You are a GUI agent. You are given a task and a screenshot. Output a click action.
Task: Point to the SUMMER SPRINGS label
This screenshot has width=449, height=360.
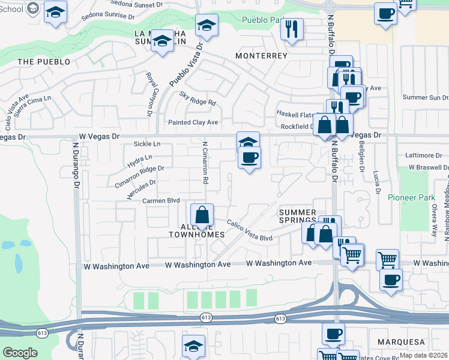click(298, 216)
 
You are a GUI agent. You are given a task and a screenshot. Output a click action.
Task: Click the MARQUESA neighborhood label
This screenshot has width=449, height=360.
click(402, 341)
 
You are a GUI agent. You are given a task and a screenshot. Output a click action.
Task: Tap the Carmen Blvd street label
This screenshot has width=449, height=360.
click(160, 200)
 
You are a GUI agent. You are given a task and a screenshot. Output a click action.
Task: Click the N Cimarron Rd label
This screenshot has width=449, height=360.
click(205, 163)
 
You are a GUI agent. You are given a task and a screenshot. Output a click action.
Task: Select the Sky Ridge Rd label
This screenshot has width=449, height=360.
click(197, 98)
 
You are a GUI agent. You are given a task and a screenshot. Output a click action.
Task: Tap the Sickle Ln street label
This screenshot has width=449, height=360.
click(147, 144)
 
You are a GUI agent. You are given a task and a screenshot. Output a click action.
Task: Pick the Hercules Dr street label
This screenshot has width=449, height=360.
click(142, 190)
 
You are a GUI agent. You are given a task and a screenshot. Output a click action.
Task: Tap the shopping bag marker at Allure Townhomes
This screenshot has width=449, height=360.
click(203, 214)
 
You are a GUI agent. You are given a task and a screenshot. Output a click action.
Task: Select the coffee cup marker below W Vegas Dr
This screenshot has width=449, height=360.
click(249, 157)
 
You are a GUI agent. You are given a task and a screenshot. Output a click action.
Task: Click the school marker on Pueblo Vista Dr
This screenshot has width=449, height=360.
click(206, 25)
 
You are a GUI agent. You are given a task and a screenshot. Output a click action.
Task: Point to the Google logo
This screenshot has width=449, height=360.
click(20, 352)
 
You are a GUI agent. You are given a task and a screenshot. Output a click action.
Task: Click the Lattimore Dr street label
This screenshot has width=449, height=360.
click(424, 155)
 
